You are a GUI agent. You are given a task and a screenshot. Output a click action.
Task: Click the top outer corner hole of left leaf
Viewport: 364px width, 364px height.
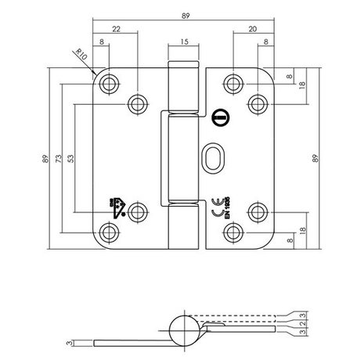(108, 81)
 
